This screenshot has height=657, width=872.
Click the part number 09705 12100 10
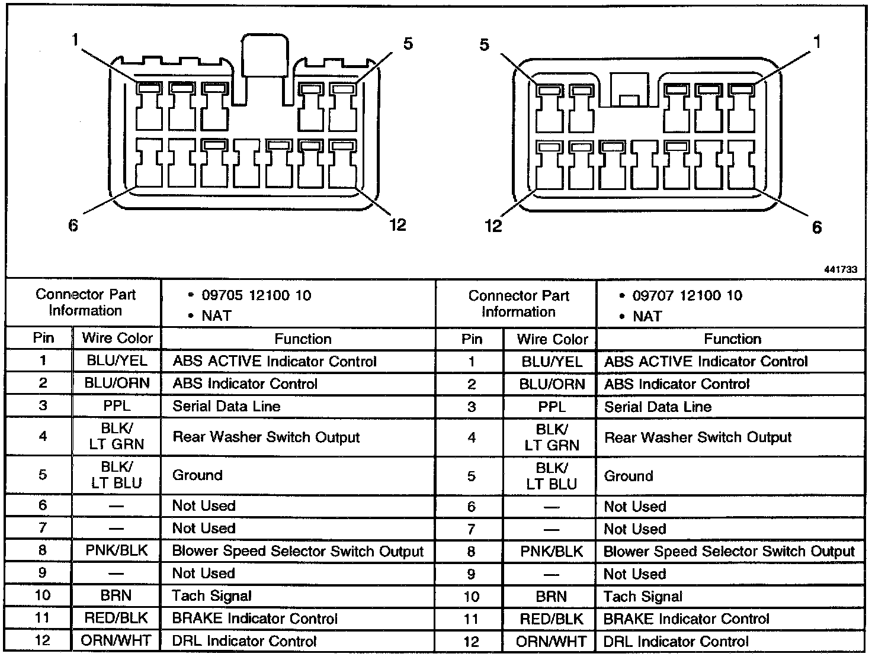coord(256,295)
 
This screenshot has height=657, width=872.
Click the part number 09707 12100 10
coord(687,295)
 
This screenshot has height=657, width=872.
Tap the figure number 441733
coord(840,269)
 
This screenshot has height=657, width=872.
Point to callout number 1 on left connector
coord(75,40)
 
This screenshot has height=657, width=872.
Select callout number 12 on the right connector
coord(493,226)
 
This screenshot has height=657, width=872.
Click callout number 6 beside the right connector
coord(817,227)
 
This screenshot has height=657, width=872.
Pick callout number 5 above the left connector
coord(408,44)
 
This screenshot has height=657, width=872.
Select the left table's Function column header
coord(303,339)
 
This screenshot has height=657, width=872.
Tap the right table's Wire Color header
coord(552,339)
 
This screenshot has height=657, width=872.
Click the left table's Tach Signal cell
coord(211,596)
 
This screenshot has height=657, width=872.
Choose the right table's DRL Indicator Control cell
coord(676,642)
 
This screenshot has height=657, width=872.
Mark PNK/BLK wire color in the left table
coord(117,551)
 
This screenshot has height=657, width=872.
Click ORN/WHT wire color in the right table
coord(551,642)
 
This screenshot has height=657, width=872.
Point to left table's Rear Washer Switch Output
coord(266,437)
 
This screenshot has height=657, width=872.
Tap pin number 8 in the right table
coord(471,552)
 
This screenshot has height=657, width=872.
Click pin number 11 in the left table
coord(43,619)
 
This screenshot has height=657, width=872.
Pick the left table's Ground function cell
coord(197,475)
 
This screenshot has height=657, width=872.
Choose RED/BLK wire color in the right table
coord(551,619)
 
